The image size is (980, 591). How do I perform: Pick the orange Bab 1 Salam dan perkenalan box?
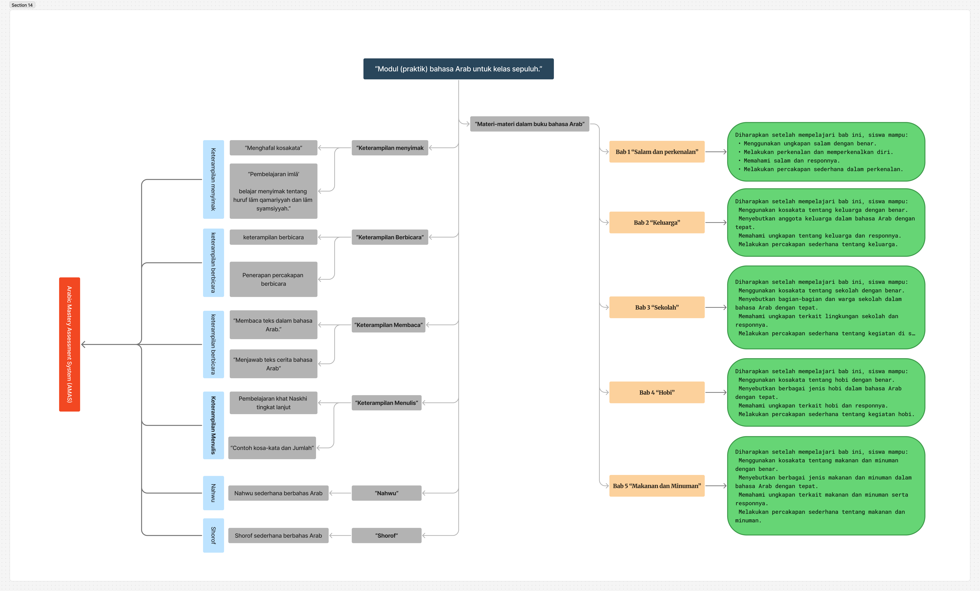coord(657,152)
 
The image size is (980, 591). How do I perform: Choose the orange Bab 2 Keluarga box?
coord(657,222)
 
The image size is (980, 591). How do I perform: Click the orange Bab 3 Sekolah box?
coord(657,307)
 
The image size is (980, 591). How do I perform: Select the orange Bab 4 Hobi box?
coord(657,392)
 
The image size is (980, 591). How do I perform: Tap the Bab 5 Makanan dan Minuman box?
coord(657,486)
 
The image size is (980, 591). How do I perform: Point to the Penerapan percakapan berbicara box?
coord(273,279)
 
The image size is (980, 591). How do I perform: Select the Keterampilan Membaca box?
coord(389,325)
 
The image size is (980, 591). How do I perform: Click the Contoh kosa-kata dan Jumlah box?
coord(272,448)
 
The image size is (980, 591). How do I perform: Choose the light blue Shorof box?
coord(214,535)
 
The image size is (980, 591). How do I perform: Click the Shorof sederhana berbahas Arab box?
coord(278,535)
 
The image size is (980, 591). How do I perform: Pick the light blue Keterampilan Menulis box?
coord(214,425)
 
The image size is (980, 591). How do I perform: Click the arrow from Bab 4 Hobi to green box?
coord(716,392)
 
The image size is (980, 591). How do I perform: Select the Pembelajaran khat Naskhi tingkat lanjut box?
coord(273,403)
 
